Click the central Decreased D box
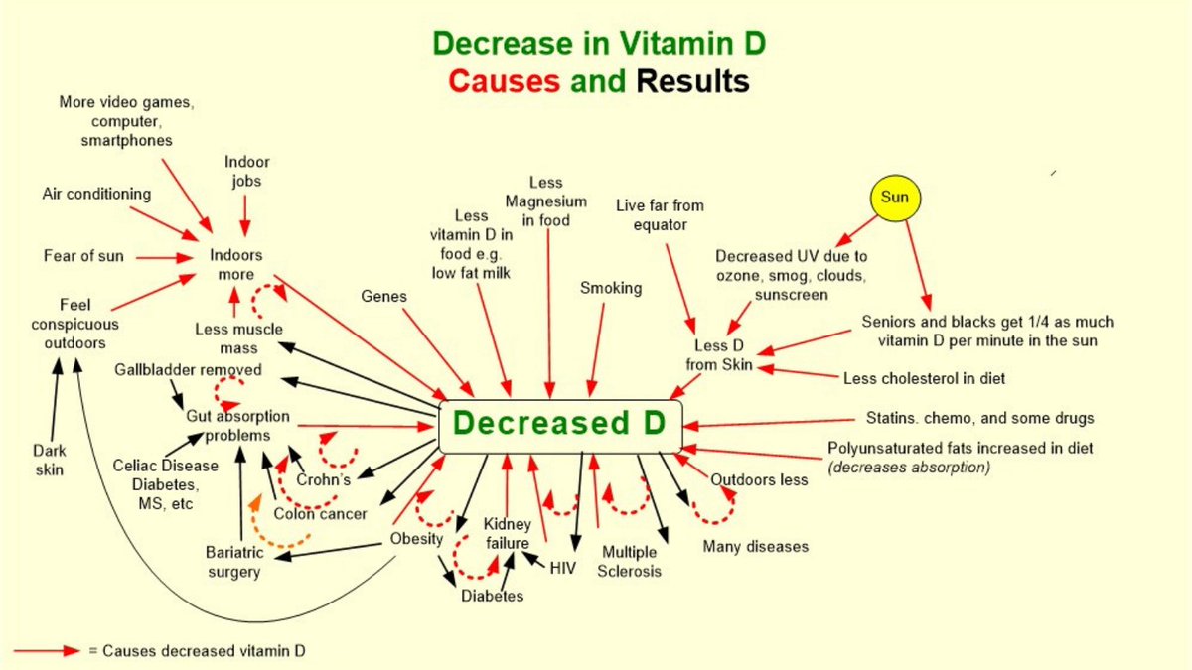point(560,423)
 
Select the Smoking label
point(611,288)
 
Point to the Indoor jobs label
point(246,171)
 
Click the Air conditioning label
point(96,194)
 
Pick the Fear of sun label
point(83,256)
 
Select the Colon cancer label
point(320,514)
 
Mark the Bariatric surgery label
point(232,561)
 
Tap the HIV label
point(562,568)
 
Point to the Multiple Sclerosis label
point(629,561)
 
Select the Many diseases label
point(755,546)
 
